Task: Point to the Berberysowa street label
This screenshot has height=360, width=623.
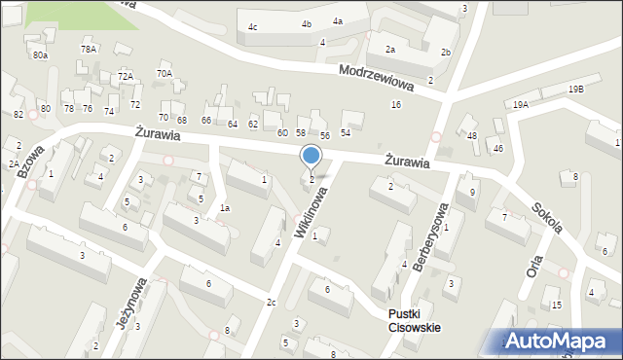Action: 431,239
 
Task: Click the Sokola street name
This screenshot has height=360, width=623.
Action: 547,220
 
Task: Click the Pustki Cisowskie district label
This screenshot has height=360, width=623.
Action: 414,320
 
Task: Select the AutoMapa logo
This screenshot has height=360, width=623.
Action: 561,341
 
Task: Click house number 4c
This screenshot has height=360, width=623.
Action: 253,27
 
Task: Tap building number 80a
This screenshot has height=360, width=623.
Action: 39,55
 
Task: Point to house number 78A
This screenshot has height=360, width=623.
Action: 89,49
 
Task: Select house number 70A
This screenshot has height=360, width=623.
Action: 165,73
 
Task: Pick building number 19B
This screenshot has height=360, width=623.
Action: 577,90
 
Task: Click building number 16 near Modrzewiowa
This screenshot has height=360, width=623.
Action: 395,104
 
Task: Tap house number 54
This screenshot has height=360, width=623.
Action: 346,132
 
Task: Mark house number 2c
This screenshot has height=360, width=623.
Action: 272,303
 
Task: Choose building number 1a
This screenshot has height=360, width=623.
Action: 224,208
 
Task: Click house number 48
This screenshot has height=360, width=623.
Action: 472,135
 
